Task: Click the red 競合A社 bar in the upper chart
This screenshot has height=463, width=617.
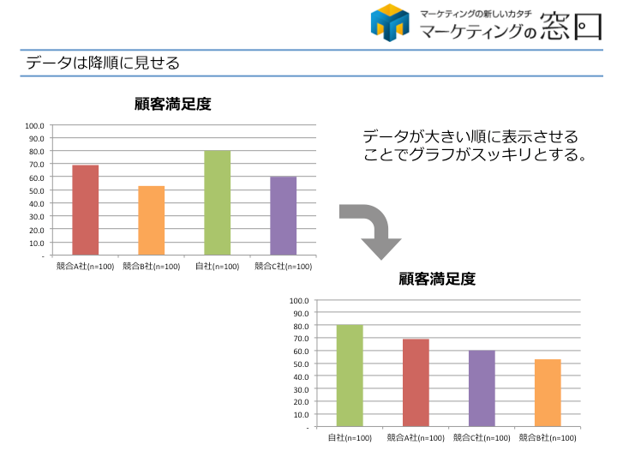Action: click(86, 210)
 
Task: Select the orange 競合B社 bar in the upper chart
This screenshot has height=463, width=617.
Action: click(151, 220)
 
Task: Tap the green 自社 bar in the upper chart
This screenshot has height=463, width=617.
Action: click(217, 203)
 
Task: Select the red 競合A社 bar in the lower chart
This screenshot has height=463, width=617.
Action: click(416, 382)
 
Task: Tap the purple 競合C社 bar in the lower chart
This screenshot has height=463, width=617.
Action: click(482, 388)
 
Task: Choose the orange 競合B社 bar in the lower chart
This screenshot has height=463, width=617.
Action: click(548, 393)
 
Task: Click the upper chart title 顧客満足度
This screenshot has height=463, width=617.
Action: click(173, 105)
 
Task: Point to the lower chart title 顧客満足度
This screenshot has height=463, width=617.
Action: click(437, 279)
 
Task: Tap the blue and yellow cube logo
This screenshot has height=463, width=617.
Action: click(390, 23)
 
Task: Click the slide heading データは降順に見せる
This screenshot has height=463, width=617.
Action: click(103, 63)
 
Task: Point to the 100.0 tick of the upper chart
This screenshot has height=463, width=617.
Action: click(35, 125)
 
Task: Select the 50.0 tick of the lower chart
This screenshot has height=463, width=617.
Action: click(299, 364)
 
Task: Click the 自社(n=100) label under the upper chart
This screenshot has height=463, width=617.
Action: click(217, 267)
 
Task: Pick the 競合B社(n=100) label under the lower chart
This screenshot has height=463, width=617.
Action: click(548, 438)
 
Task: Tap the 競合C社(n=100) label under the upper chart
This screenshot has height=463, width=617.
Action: click(283, 267)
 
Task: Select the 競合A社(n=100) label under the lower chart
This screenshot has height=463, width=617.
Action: click(416, 438)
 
